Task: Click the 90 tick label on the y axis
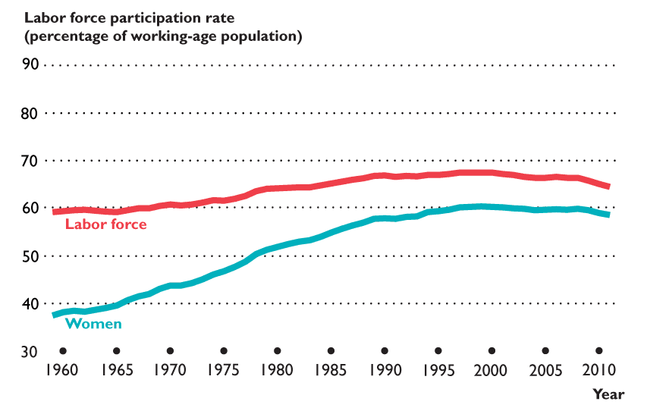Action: coord(30,64)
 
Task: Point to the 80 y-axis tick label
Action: coord(30,113)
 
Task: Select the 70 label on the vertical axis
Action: coord(30,161)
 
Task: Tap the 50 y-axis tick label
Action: coord(30,256)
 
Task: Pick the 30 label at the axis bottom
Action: coord(30,352)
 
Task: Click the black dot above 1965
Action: coord(116,351)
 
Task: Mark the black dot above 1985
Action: coord(331,351)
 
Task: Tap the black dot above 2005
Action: coord(545,351)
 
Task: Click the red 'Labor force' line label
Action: coord(106,224)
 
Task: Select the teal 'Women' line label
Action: coord(94,324)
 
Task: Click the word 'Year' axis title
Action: coord(608,394)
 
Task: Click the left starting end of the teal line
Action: coord(53,315)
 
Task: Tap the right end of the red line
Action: coord(608,187)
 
